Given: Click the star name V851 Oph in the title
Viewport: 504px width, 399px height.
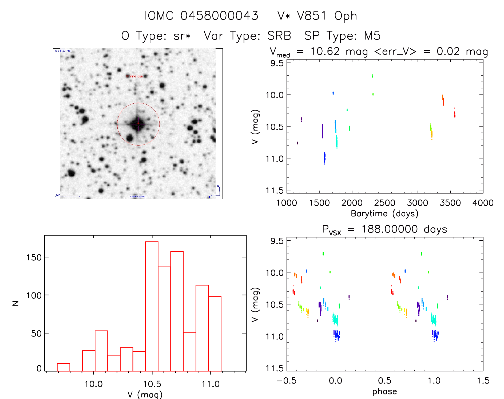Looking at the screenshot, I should click(317, 16).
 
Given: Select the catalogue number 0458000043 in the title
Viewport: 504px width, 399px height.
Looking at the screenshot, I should click(219, 16).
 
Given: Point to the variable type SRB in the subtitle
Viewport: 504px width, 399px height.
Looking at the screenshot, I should click(279, 36).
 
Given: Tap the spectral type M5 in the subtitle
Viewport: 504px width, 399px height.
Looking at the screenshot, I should click(372, 36).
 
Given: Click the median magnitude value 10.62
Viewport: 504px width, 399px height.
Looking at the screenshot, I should click(325, 51).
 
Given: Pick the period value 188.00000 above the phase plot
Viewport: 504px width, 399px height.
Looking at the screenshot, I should click(390, 229).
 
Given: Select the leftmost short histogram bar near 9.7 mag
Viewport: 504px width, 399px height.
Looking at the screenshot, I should click(64, 367).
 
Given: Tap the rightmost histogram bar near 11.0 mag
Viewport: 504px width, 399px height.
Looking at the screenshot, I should click(215, 334).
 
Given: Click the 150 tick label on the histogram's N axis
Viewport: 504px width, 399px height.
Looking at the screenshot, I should click(34, 257).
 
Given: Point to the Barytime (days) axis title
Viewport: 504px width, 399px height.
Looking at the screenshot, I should click(384, 214).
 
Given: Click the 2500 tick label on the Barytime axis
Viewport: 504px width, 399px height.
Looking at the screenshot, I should click(385, 203).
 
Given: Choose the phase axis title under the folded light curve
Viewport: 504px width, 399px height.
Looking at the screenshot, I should click(384, 392).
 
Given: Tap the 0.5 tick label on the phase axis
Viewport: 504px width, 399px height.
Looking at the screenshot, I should click(385, 381).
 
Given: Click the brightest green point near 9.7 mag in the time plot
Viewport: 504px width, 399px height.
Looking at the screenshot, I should click(372, 76).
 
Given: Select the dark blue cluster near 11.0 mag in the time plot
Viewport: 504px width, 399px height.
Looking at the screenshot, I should click(324, 158).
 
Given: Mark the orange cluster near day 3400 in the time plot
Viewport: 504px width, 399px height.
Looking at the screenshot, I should click(443, 100).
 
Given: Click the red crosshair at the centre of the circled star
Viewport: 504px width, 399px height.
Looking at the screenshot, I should click(138, 123).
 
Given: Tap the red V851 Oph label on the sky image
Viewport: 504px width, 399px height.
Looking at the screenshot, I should click(135, 76).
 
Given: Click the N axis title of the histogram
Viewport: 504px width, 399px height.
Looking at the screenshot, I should click(16, 303).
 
